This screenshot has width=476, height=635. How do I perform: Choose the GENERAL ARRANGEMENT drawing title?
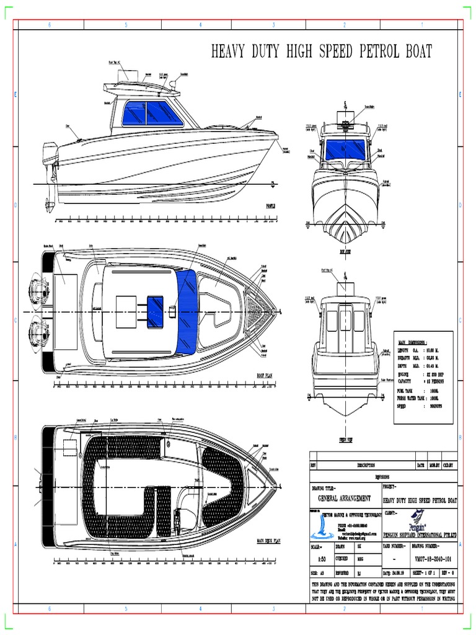(x=345, y=498)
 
